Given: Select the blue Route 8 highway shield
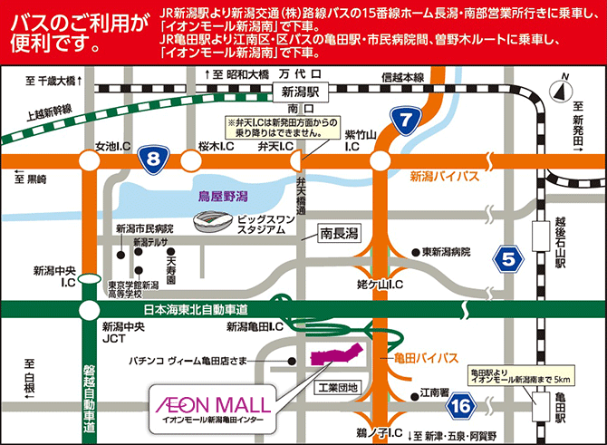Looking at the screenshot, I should [153, 160].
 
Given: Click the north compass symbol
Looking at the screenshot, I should [564, 89].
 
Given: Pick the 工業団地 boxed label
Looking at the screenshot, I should [338, 388].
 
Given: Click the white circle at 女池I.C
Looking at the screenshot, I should [90, 161].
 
